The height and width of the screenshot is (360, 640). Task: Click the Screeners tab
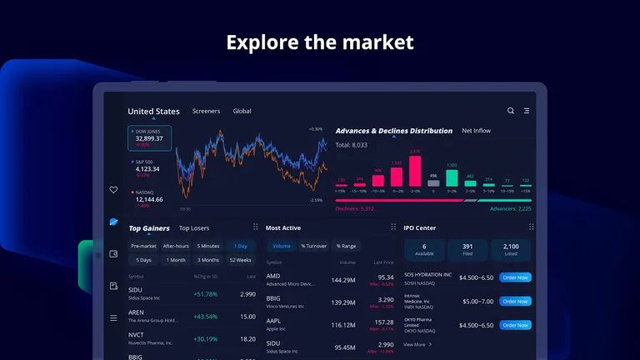[206, 111]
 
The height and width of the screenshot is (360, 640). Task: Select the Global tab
[242, 111]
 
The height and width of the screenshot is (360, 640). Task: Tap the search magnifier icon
[511, 111]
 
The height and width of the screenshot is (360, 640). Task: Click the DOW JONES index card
[150, 138]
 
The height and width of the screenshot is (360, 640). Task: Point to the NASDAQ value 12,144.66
[149, 200]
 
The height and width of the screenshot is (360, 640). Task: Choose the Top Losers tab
[194, 228]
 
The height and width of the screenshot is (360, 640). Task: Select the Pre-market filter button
[143, 246]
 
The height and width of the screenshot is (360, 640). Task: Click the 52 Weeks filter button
[240, 260]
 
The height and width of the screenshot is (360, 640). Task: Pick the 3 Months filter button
[208, 260]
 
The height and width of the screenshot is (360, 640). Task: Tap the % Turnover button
[313, 246]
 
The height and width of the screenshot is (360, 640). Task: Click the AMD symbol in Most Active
[273, 276]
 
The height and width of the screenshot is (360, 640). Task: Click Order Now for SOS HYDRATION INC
[515, 277]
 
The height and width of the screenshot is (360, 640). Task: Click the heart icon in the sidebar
[113, 190]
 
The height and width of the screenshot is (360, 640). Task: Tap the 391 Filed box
[467, 249]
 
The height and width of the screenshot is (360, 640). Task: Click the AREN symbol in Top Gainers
[136, 312]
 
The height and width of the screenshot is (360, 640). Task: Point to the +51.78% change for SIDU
[205, 294]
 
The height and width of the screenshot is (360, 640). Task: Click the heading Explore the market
[320, 42]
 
